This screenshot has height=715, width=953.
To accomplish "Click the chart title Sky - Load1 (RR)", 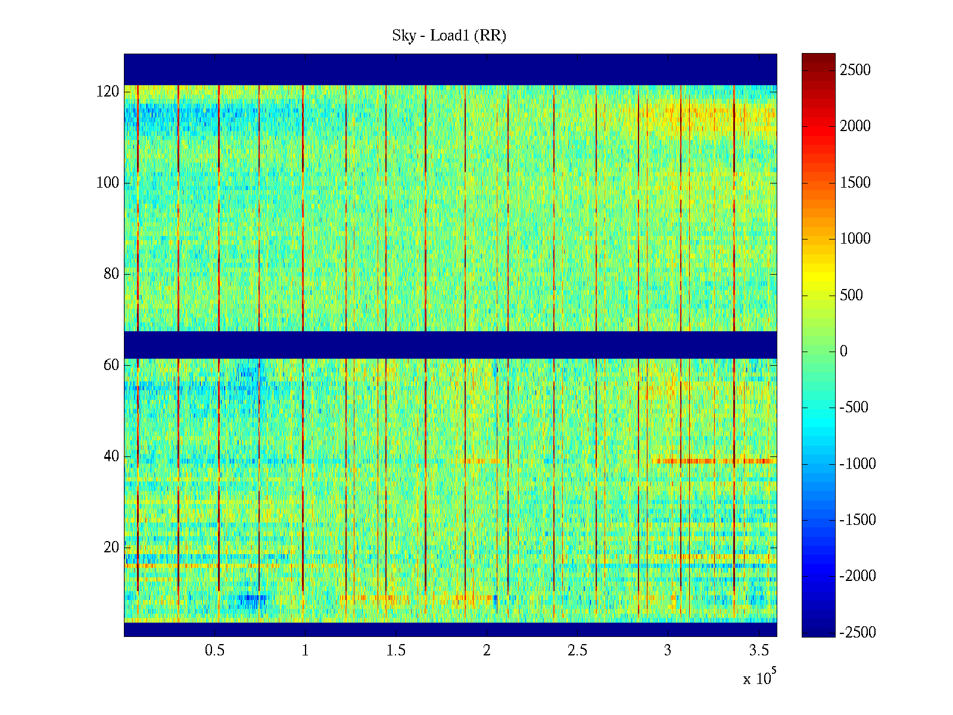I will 449,36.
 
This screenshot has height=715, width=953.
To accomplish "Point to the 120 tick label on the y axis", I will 108,92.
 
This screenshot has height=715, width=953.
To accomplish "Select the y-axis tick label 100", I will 108,183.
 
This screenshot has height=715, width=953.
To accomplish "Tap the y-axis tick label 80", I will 111,274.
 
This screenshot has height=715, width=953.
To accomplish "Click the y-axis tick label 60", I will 111,365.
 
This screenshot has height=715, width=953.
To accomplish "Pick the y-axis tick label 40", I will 111,456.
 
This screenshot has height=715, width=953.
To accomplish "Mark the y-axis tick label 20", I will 111,548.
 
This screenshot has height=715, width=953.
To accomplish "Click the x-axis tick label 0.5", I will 215,651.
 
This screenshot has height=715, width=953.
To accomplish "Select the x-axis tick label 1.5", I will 396,651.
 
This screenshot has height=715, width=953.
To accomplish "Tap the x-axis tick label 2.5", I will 577,651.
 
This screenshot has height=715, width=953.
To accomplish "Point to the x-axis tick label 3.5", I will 758,651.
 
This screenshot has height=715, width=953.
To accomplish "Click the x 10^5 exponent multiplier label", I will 759,678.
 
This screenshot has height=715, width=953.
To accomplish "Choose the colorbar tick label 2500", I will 855,70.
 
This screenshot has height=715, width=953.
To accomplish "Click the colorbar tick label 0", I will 843,352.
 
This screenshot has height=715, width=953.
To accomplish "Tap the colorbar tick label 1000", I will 855,239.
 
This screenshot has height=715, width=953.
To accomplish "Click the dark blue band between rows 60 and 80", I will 450,345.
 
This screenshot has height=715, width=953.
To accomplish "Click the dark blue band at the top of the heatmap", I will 450,69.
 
